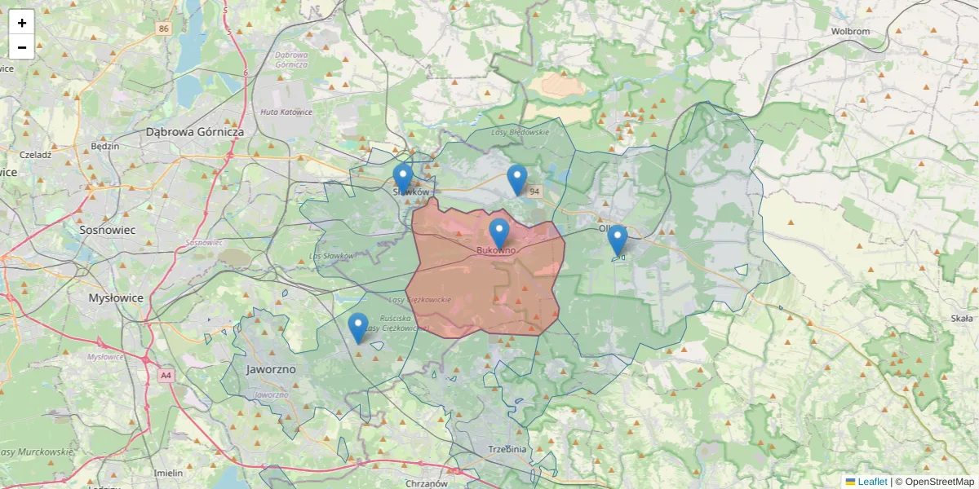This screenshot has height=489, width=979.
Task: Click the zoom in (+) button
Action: (22, 23)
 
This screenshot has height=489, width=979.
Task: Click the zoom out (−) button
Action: (22, 47)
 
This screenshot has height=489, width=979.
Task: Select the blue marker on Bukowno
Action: (498, 233)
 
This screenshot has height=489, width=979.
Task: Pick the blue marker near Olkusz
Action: (618, 240)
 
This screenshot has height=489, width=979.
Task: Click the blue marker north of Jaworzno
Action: (357, 327)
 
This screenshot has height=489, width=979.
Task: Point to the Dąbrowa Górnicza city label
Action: (195, 131)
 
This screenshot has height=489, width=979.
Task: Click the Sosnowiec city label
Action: (107, 230)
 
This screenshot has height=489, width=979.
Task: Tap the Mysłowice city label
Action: (116, 298)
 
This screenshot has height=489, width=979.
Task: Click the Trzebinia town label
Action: (507, 449)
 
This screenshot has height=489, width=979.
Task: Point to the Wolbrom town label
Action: (850, 32)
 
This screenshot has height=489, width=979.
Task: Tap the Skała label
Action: (962, 319)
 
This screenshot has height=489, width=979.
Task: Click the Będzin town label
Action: (106, 147)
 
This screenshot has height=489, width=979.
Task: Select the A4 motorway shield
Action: (166, 376)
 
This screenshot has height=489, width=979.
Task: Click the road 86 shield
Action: (165, 29)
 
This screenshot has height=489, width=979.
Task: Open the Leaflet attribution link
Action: (871, 482)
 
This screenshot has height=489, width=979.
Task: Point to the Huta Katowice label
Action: (286, 112)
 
